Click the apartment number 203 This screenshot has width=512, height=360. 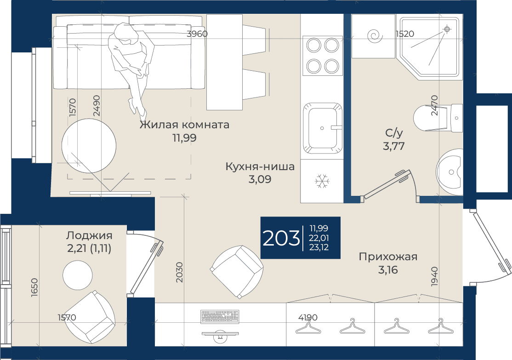[281, 238]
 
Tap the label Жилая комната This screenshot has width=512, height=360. [184, 125]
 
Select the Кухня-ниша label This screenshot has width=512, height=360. [260, 166]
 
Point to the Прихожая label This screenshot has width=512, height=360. [388, 257]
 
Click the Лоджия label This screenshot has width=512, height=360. [89, 235]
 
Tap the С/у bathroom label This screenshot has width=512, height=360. [394, 132]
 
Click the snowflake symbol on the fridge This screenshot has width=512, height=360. [322, 181]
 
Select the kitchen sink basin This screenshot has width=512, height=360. [322, 128]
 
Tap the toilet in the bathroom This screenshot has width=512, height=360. [438, 118]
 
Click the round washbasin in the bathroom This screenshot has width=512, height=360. [449, 171]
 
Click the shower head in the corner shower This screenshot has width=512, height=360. [447, 29]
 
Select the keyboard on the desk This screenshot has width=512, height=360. [220, 316]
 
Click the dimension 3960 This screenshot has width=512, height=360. [197, 34]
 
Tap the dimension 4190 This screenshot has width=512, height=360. [308, 317]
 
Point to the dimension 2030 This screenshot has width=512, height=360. [179, 272]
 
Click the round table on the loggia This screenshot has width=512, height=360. [77, 275]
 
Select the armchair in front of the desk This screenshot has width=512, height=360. [237, 272]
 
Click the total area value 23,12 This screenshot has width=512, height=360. [319, 247]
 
